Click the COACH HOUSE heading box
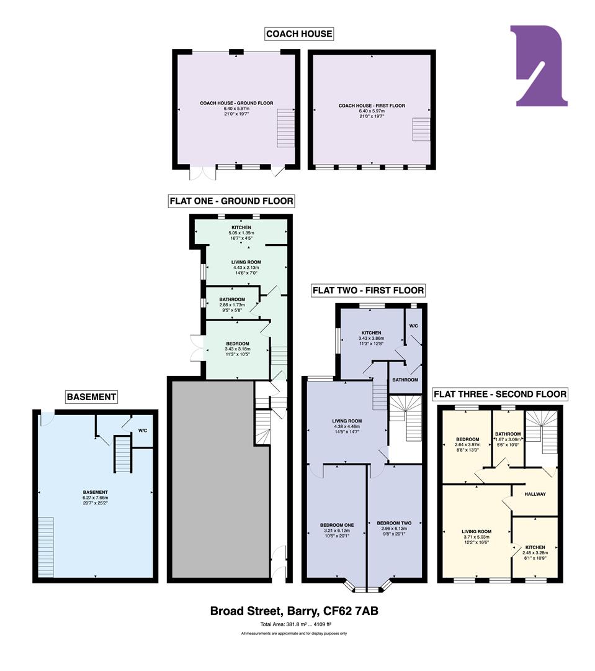coord(299,34)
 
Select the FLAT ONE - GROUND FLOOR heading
coord(231,201)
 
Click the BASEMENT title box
coord(92,396)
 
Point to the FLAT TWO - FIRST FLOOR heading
coord(369,290)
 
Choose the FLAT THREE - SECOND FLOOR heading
coord(499,394)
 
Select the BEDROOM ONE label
coord(336,525)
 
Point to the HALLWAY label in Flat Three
coord(535,494)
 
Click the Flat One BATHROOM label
coord(233,299)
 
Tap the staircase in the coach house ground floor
coord(285,118)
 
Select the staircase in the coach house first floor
coord(421,129)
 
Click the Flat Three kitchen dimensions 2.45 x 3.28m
coord(534,553)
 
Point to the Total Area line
coord(294,624)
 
